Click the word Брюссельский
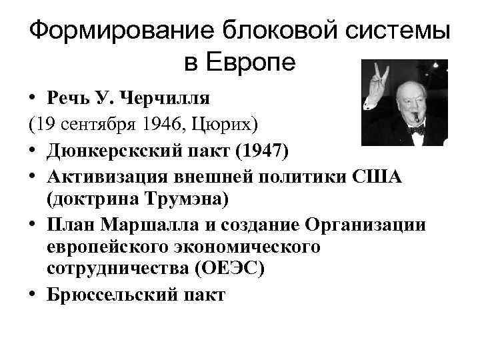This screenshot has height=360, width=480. coord(115,295)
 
